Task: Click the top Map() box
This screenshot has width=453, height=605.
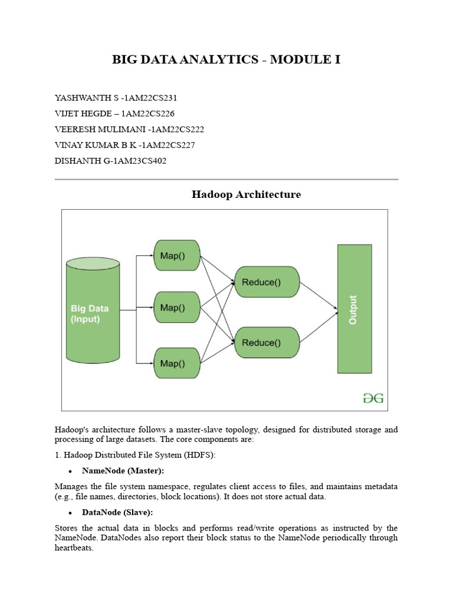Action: pyautogui.click(x=177, y=256)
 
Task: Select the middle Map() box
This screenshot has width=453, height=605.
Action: pyautogui.click(x=177, y=307)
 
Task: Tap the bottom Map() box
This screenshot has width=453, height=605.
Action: pyautogui.click(x=177, y=363)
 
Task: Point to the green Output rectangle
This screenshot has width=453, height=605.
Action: pyautogui.click(x=354, y=309)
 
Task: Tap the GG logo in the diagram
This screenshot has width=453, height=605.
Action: pyautogui.click(x=373, y=398)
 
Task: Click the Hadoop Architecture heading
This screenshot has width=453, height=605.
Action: pyautogui.click(x=246, y=194)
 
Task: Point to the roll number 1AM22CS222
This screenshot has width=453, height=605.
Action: pyautogui.click(x=179, y=129)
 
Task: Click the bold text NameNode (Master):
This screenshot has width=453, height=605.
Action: pyautogui.click(x=123, y=471)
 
